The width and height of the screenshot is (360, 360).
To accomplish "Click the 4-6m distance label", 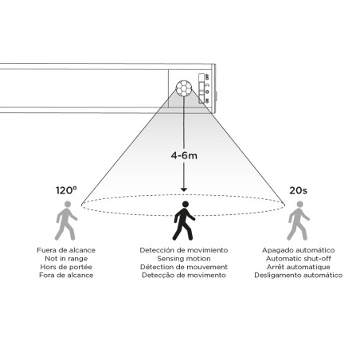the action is [184, 155].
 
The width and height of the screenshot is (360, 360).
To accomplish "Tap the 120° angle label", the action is [66, 190].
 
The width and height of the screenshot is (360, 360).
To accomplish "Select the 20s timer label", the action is [298, 190].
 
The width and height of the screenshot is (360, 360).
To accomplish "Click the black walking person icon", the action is [184, 221].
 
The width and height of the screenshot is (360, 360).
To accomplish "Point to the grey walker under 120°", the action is [66, 221].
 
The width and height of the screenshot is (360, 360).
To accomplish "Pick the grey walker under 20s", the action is [298, 221].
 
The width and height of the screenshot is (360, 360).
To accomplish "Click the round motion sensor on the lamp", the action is [184, 88].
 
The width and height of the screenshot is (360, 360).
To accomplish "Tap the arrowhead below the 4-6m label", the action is [184, 190].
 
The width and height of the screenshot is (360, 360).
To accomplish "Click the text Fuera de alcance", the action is [66, 250].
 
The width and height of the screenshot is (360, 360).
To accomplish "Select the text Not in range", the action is [66, 259].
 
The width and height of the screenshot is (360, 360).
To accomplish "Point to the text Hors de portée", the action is [66, 267].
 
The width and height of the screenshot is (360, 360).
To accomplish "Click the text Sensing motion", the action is [184, 259].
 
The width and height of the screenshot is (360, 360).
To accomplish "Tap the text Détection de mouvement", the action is [184, 267].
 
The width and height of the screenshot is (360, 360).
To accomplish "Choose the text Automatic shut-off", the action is [299, 259].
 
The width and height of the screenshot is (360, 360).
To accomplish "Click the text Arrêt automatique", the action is [299, 267].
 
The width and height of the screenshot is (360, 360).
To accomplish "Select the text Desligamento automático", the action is [299, 276].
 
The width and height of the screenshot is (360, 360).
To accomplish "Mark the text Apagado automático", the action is [299, 250].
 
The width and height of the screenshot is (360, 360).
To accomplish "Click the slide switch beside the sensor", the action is [202, 88].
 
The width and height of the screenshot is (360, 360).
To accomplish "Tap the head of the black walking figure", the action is [186, 204].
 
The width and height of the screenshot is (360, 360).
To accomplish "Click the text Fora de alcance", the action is [66, 276].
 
